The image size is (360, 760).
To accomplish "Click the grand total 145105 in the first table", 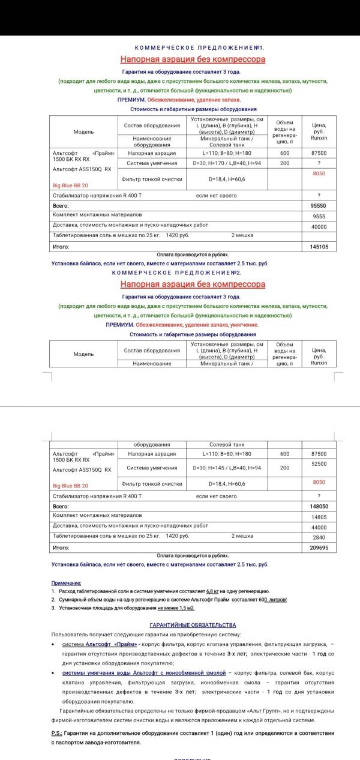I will point(319,247).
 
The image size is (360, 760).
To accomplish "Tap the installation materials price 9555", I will point(319,217).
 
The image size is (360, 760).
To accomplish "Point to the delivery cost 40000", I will point(319,227).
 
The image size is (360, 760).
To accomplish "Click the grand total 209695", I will point(319,548).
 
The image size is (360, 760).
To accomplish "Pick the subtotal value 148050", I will point(319,507).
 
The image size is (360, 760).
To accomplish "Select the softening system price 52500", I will point(319,464).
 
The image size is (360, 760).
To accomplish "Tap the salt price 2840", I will point(319,538).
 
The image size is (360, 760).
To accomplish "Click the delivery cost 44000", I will point(319,528).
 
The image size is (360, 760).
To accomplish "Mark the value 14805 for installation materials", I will point(319,517).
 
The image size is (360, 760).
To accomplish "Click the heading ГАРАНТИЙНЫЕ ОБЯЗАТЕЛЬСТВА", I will point(193,625).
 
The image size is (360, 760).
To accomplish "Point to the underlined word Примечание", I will point(66,583).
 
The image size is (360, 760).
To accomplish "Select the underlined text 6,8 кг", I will point(213,591).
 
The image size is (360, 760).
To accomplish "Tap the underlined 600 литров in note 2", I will point(275,600).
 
